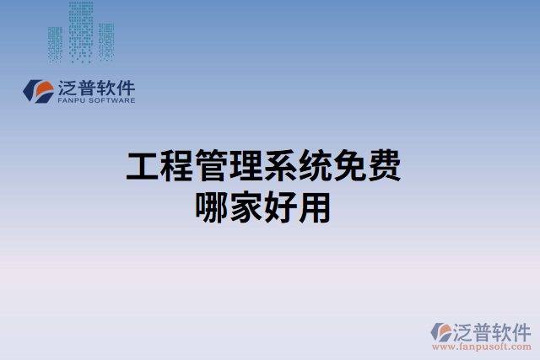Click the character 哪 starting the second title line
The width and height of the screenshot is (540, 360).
(211, 207)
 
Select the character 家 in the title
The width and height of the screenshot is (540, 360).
(246, 207)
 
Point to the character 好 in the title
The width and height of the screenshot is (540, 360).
(280, 207)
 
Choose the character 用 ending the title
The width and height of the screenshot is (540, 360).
(315, 207)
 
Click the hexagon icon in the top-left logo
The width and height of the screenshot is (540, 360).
(39, 92)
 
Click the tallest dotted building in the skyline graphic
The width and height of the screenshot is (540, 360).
(81, 31)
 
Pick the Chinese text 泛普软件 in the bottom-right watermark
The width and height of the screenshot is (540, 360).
(492, 330)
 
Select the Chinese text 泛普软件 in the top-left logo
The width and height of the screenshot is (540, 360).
(97, 87)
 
